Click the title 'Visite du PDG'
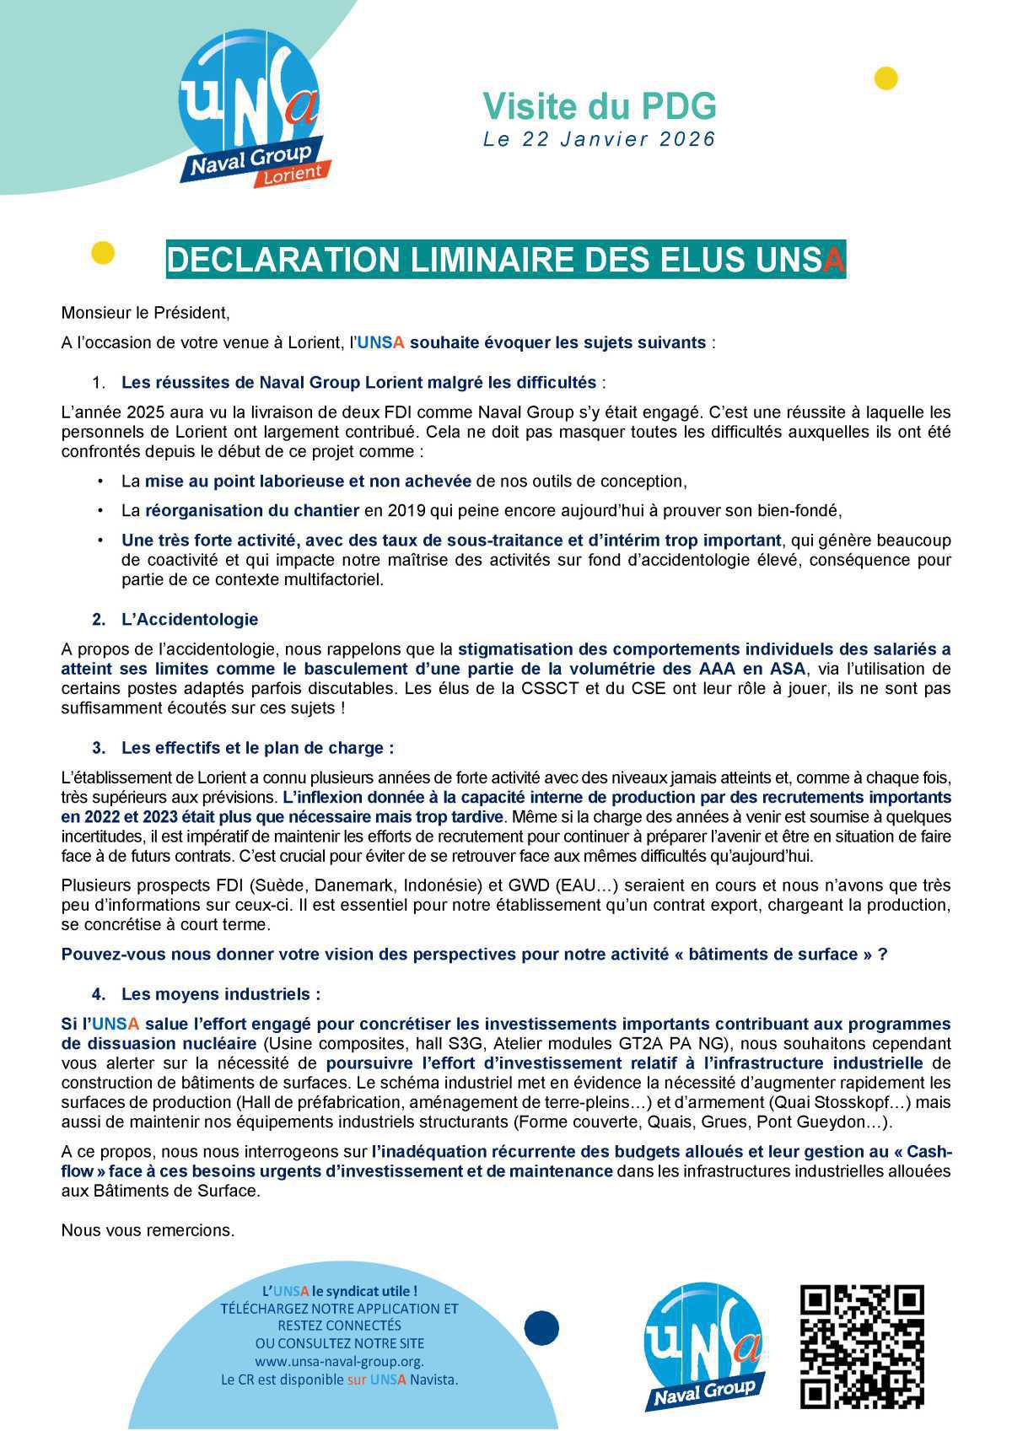point(599,107)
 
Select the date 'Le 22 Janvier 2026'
point(599,139)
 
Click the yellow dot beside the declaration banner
point(102,253)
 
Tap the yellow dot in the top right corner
point(885,78)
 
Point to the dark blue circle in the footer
point(541,1328)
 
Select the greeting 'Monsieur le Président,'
point(145,313)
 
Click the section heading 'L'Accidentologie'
point(190,619)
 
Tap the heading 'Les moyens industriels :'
point(221,994)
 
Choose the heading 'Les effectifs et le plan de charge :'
point(257,748)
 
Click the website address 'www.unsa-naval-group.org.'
point(339,1361)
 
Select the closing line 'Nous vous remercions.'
point(148,1230)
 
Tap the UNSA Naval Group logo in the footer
point(704,1345)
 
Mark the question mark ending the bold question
point(882,955)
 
